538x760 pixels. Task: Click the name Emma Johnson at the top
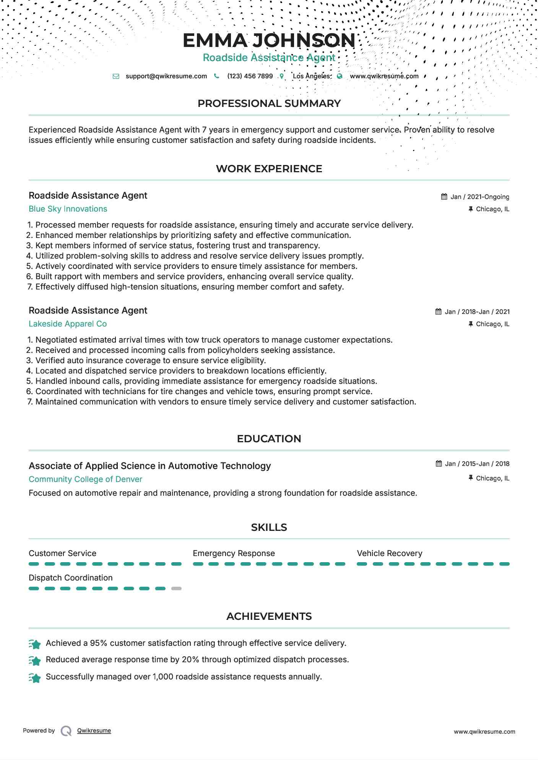point(269,40)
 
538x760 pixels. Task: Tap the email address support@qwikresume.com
point(166,76)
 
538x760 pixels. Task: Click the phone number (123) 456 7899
point(250,76)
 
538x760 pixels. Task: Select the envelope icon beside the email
point(116,76)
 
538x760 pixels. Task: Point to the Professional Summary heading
point(269,103)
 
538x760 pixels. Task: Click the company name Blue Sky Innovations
point(68,209)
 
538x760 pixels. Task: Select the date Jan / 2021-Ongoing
point(479,197)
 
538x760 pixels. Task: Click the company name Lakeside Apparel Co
point(68,324)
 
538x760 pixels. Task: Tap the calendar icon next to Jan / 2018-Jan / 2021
point(439,312)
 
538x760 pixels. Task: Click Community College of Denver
point(85,479)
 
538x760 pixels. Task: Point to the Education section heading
point(269,439)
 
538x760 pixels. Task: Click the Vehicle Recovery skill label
point(389,553)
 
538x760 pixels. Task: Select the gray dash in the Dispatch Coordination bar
point(176,589)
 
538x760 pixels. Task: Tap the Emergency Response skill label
point(234,553)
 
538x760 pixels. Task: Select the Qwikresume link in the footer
point(94,731)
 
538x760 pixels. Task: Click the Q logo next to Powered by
point(66,731)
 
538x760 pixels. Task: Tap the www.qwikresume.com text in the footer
point(484,732)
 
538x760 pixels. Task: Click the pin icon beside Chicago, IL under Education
point(471,478)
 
